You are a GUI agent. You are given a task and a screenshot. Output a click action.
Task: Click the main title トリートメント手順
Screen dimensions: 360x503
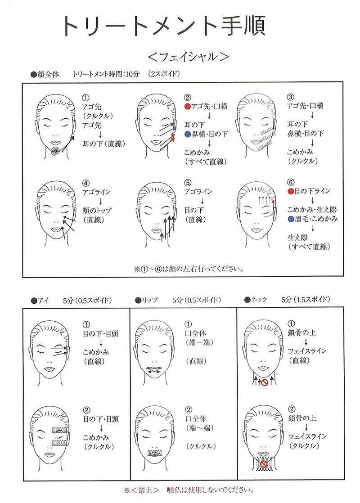[163, 26]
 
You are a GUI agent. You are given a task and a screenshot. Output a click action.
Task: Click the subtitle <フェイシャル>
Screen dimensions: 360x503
[189, 57]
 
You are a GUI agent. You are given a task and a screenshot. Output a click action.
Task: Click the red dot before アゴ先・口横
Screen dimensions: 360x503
[187, 107]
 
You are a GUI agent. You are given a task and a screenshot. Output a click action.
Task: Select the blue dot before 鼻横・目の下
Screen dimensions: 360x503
[187, 134]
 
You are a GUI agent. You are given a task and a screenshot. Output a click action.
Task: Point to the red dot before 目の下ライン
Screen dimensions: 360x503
[291, 192]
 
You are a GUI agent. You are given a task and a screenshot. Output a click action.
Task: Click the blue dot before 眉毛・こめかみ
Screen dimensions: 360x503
[291, 219]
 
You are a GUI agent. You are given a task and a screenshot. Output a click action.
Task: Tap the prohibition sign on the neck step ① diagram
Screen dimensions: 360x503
[264, 382]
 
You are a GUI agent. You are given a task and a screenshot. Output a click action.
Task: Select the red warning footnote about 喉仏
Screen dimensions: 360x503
[189, 490]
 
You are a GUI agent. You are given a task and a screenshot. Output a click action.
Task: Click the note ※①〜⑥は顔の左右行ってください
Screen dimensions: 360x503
[189, 269]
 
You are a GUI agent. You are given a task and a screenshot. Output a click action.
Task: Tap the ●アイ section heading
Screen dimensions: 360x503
[40, 301]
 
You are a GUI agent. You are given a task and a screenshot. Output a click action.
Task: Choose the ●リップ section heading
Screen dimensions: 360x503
[146, 300]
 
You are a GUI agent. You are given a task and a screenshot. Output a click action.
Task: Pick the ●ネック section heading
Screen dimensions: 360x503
[256, 300]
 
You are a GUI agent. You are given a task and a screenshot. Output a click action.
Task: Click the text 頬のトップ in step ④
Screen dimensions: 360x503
[97, 211]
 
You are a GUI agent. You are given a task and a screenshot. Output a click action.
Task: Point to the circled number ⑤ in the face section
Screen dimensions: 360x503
[188, 183]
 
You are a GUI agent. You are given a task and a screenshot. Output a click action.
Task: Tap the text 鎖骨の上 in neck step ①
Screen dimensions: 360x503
[301, 332]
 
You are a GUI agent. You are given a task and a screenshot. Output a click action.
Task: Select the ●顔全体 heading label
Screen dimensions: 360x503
[45, 74]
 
